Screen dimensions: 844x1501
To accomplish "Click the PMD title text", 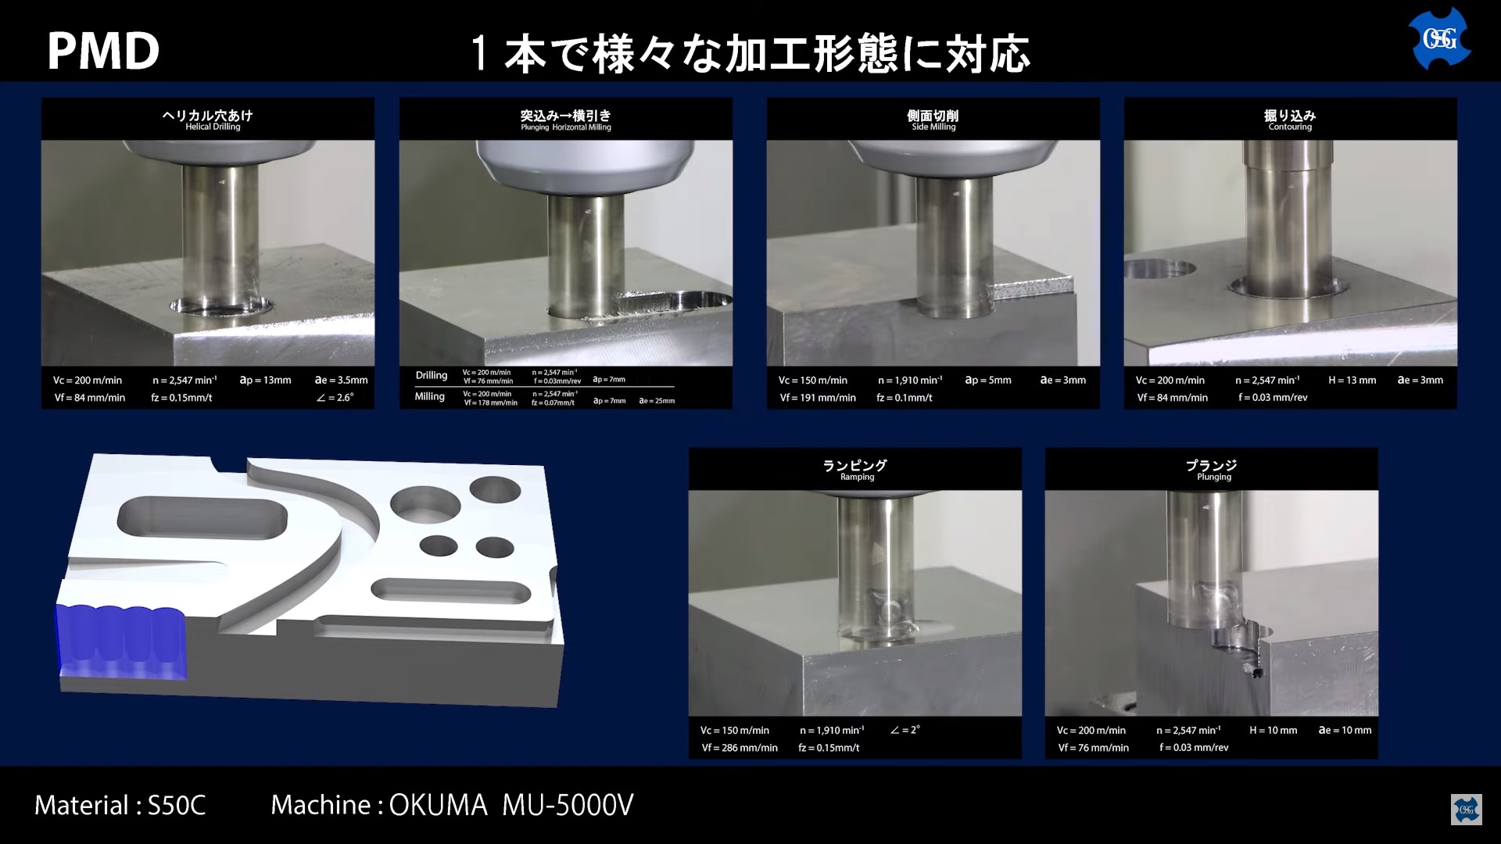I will click(103, 52).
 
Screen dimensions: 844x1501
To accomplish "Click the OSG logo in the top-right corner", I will click(1439, 38).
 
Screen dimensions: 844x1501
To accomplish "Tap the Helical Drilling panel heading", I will click(207, 120).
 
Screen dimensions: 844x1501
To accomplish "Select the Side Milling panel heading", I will click(933, 120).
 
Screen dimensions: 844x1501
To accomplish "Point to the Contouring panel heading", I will click(1290, 120).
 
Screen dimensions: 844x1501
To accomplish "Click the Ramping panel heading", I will click(854, 470).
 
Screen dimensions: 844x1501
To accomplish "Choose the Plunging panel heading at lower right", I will click(1212, 470).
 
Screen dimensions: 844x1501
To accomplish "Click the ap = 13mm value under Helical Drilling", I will click(265, 381).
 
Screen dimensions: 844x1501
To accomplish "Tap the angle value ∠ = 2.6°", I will click(335, 398).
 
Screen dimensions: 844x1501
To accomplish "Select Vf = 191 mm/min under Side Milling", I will click(817, 398).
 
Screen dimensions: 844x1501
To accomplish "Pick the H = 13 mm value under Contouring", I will click(1352, 381).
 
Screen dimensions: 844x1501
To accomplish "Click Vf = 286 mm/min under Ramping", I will click(739, 748).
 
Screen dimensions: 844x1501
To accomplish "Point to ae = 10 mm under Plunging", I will click(1345, 731).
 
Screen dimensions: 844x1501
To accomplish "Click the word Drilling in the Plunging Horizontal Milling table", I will click(432, 376).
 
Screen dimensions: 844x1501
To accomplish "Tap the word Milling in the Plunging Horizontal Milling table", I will click(430, 397).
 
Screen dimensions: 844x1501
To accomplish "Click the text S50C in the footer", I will click(177, 806).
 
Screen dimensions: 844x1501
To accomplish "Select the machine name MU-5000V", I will click(568, 806).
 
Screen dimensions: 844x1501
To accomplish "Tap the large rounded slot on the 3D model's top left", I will click(202, 517).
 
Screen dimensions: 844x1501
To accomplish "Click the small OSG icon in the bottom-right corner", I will click(1466, 810).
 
